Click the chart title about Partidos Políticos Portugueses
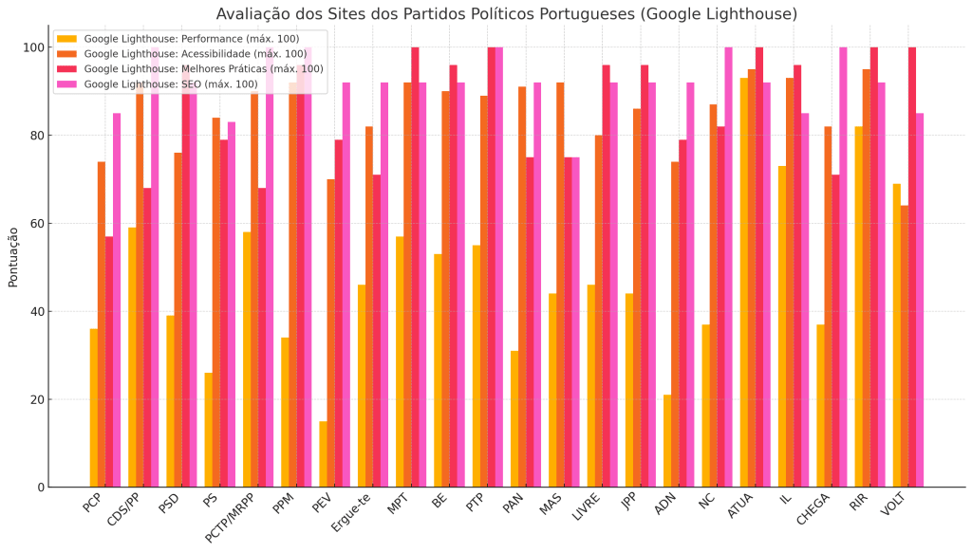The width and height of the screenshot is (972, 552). (506, 14)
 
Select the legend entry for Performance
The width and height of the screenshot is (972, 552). (191, 39)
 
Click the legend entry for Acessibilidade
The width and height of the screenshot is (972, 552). (195, 54)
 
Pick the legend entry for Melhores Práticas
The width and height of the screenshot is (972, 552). (203, 68)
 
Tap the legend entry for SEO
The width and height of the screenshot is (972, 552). (170, 83)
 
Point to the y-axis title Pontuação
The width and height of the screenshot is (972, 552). (13, 256)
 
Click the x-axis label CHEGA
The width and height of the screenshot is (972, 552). (813, 511)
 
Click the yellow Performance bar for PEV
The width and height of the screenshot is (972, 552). (323, 454)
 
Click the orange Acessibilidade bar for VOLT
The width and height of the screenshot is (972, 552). (905, 346)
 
